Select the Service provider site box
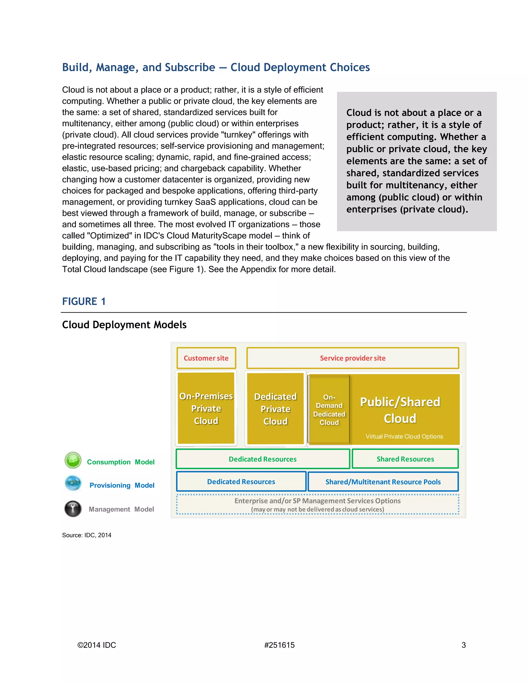(352, 358)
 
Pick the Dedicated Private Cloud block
(275, 409)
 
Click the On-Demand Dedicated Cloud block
(329, 410)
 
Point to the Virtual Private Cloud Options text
(404, 437)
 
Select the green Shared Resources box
(405, 459)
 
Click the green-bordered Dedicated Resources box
(262, 459)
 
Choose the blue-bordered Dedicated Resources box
(241, 482)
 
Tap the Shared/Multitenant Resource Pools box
(383, 482)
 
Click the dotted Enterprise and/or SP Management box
(317, 504)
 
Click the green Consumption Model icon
(73, 460)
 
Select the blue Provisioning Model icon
(73, 484)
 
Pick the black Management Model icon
(73, 509)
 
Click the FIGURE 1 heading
(84, 302)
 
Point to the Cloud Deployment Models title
(124, 324)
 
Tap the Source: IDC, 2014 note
(87, 535)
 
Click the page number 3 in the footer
(464, 645)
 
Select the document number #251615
(279, 645)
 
